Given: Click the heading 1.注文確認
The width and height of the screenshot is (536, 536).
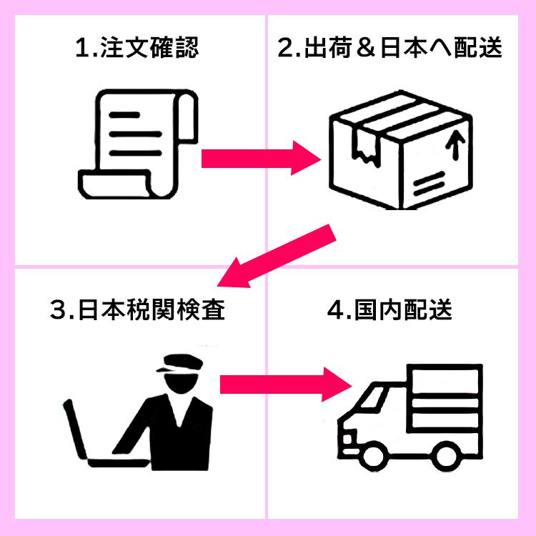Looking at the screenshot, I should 136,49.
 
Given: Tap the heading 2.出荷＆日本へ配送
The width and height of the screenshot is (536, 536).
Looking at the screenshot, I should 390,49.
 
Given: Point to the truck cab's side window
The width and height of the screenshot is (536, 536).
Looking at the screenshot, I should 372,408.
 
